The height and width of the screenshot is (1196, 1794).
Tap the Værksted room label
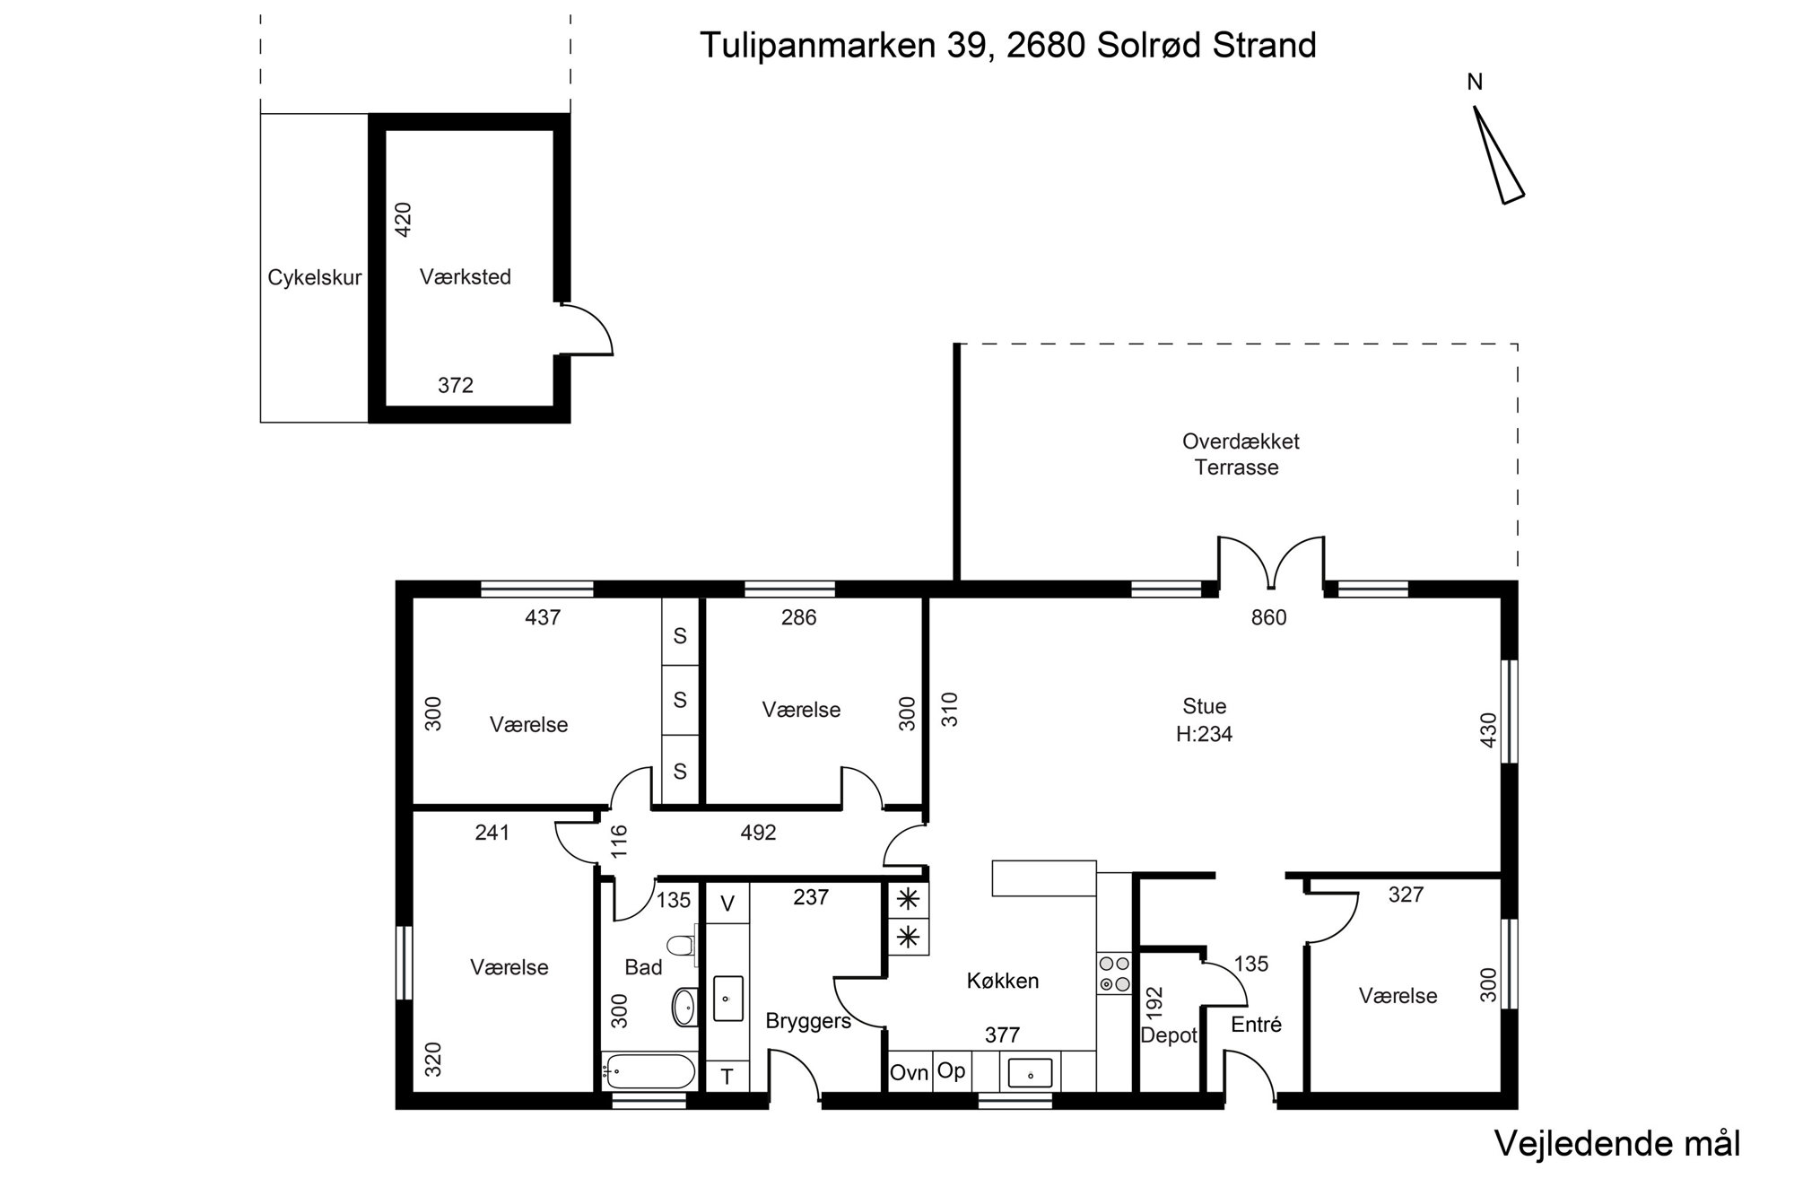coord(466,277)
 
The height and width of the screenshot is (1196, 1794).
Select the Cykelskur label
coord(315,278)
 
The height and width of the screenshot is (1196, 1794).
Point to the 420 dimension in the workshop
coord(403,219)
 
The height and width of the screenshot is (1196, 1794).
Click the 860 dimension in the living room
coord(1268,617)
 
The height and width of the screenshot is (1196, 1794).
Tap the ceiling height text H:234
coord(1204,734)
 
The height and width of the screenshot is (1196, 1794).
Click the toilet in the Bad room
coord(682,946)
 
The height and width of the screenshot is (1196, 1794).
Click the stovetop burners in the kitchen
coord(1113,973)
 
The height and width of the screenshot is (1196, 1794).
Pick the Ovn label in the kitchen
coord(909,1072)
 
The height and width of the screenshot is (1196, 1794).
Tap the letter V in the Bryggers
coord(727,904)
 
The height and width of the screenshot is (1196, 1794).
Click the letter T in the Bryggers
coord(727,1076)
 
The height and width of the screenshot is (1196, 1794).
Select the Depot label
coord(1169,1035)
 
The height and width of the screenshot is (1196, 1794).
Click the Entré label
coord(1256,1024)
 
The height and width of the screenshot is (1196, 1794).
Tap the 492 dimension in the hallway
coord(758,833)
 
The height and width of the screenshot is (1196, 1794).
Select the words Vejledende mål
coord(1616,1144)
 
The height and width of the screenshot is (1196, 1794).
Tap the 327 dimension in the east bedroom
coord(1406,895)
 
